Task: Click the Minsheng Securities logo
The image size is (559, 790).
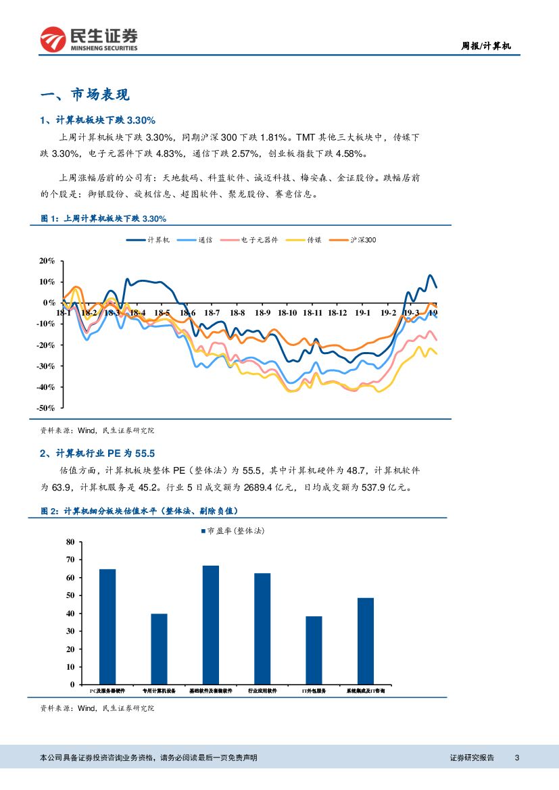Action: point(89,39)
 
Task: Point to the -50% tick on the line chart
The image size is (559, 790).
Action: point(47,408)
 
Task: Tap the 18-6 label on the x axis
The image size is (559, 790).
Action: point(187,313)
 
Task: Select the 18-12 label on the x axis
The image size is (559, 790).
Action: point(337,313)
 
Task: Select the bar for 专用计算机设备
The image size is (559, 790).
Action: point(159,649)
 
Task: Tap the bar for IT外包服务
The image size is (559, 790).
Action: point(314,650)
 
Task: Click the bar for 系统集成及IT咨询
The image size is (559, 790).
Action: point(365,641)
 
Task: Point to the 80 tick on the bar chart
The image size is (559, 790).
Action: point(71,542)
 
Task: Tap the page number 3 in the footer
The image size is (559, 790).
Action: point(516,758)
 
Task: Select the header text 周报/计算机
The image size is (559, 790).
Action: point(485,47)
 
